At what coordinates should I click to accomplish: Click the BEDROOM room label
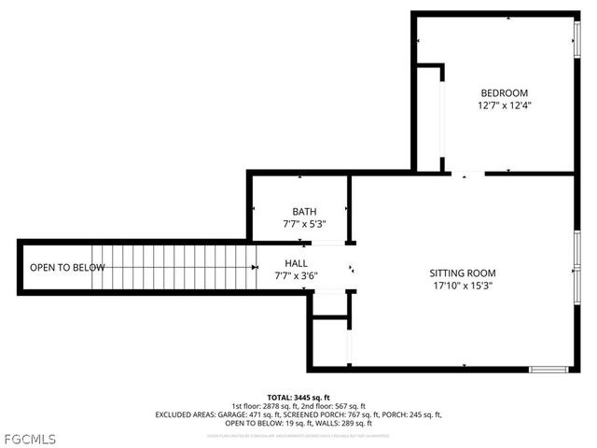tap(504, 92)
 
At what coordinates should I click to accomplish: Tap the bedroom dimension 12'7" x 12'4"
tap(504, 105)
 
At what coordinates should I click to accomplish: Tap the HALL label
tap(296, 263)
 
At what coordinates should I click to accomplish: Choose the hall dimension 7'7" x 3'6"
tap(296, 276)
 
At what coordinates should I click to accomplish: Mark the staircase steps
tap(177, 268)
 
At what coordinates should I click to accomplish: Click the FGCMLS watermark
tap(30, 437)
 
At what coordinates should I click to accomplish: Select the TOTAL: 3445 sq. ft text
tap(298, 397)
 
